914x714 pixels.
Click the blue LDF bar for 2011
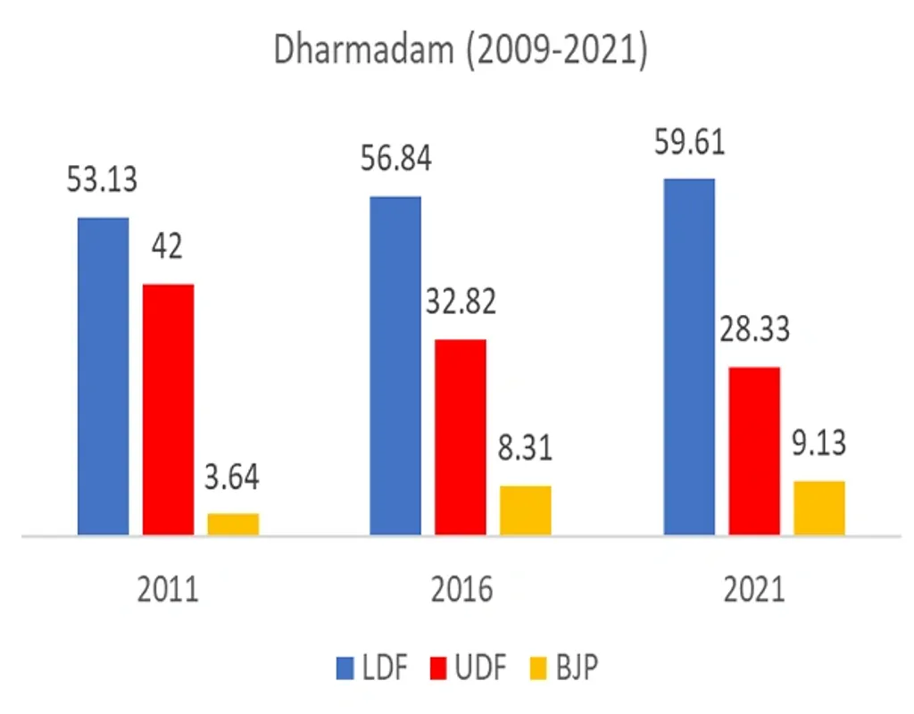click(x=103, y=376)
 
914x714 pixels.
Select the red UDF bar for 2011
click(x=168, y=410)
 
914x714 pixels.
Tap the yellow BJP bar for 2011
click(x=233, y=524)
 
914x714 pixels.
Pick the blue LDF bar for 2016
click(x=395, y=366)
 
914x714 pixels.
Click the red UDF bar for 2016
click(x=461, y=437)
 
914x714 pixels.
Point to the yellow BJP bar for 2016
click(x=526, y=511)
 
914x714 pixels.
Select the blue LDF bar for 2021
click(x=689, y=357)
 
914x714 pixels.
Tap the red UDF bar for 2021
click(x=754, y=451)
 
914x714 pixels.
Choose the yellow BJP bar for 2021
click(x=819, y=508)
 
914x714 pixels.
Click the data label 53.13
click(x=103, y=180)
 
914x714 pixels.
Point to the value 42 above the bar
click(x=167, y=245)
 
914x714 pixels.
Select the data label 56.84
click(x=395, y=159)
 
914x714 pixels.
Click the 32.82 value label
click(x=460, y=302)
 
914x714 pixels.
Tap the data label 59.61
click(x=688, y=141)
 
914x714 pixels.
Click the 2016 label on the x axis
click(x=460, y=591)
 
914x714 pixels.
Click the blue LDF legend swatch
click(x=345, y=667)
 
